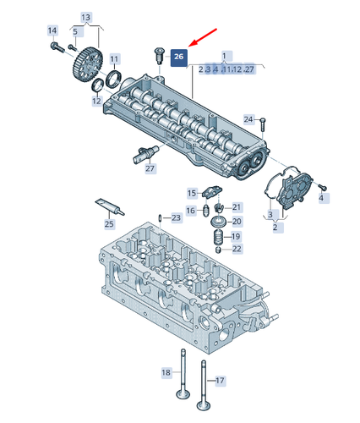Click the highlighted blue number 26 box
click(178, 57)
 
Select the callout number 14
click(52, 30)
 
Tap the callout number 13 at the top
click(86, 17)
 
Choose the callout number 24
click(248, 118)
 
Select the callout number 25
click(108, 224)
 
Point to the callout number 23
click(176, 218)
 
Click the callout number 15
click(192, 193)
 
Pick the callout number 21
click(237, 207)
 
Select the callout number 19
click(236, 236)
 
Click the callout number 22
click(237, 249)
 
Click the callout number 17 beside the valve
click(221, 381)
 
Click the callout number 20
click(236, 221)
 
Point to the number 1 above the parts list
click(225, 55)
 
